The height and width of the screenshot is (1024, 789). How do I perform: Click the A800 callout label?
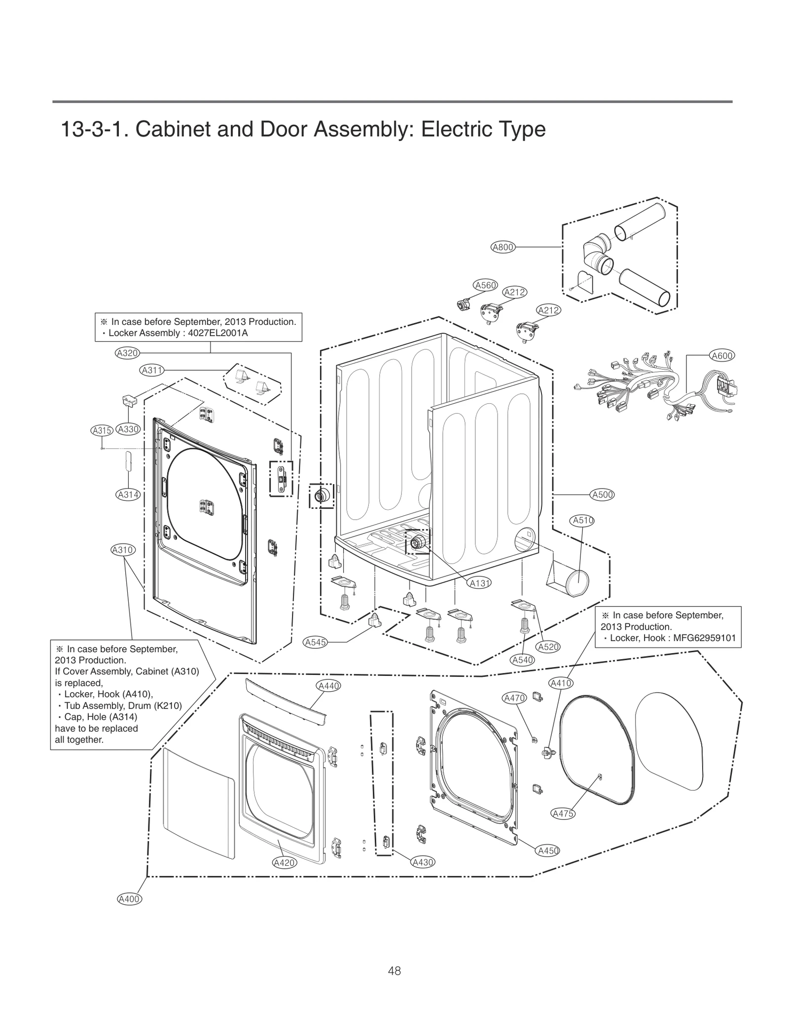point(503,247)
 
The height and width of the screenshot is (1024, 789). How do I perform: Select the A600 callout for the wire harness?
point(722,355)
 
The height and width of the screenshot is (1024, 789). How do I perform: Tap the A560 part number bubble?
point(485,284)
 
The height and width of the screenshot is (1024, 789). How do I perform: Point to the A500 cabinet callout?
point(602,494)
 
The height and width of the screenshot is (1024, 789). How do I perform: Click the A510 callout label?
point(582,520)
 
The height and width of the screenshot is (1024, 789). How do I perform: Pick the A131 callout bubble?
point(479,583)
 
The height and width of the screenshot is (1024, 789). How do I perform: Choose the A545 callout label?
point(315,642)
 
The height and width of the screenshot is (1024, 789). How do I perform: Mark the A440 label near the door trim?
point(329,686)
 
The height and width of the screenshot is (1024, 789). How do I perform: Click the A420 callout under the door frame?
point(284,862)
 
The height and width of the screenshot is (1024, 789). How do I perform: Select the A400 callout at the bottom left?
point(130,899)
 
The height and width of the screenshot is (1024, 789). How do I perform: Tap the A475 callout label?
point(563,814)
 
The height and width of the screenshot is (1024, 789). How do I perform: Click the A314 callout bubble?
point(128,494)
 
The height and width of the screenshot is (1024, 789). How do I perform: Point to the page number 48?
point(394,971)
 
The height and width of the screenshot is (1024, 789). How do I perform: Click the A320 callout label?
point(127,353)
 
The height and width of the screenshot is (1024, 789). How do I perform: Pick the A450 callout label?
point(548,850)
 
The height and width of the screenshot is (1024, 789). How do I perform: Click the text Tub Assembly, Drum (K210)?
point(123,706)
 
